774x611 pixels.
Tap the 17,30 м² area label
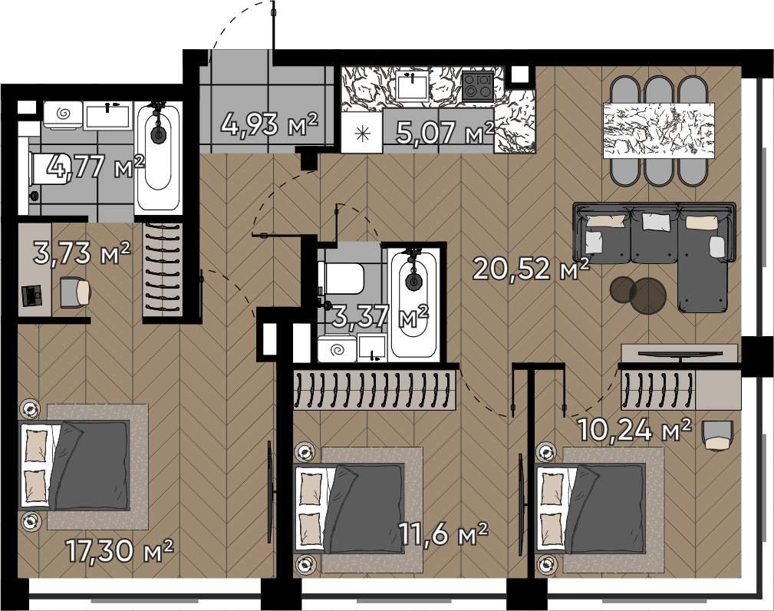click(x=120, y=551)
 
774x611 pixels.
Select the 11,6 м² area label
click(x=444, y=534)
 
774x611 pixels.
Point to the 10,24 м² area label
click(x=634, y=430)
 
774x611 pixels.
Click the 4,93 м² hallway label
click(x=269, y=124)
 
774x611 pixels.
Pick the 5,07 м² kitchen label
click(x=445, y=132)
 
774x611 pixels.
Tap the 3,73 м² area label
click(x=82, y=253)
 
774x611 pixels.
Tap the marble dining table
click(x=658, y=130)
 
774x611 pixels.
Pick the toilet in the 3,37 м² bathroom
click(x=341, y=277)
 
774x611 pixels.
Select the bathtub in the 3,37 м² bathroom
click(x=413, y=302)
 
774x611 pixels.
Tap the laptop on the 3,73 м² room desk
click(x=32, y=296)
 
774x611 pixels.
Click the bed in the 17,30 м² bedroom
click(x=75, y=465)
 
